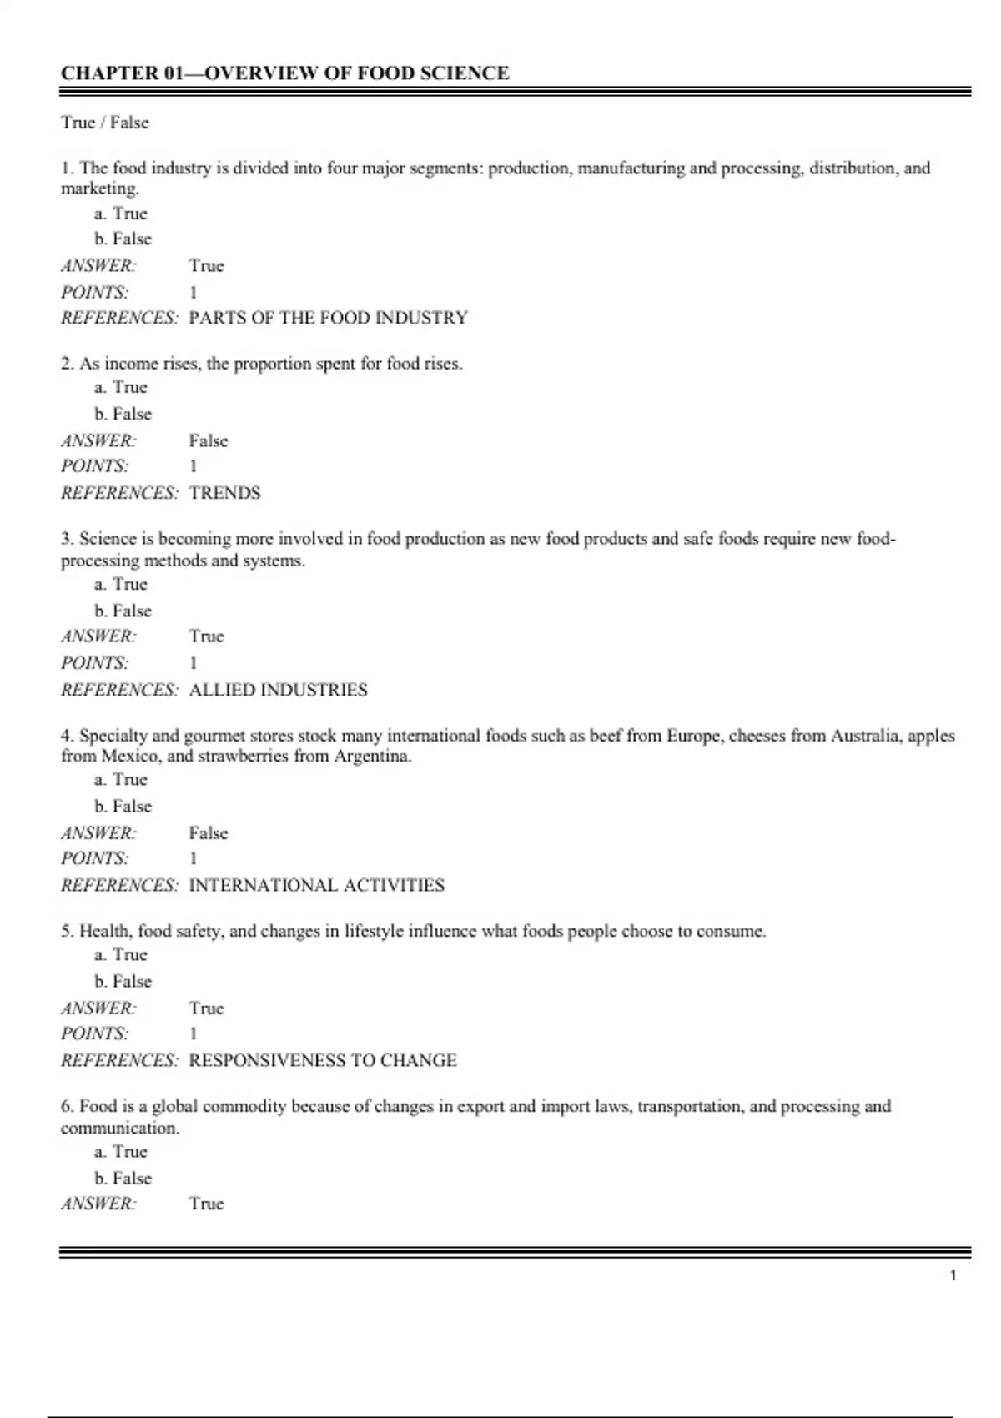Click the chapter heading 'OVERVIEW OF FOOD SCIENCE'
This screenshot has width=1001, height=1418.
click(356, 73)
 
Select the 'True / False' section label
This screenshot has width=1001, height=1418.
click(105, 123)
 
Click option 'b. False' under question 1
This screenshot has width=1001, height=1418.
click(123, 239)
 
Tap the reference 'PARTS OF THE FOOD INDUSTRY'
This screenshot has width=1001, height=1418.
click(328, 318)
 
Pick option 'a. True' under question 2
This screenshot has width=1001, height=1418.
click(121, 387)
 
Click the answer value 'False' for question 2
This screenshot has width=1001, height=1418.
click(208, 440)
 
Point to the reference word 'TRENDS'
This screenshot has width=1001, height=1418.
click(224, 493)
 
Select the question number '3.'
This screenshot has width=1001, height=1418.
click(67, 539)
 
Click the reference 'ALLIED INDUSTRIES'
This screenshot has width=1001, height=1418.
click(278, 690)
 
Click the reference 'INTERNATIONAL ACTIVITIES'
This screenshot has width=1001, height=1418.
click(316, 885)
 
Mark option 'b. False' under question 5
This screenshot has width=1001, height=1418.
click(123, 981)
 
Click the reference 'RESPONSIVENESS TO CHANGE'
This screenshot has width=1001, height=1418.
click(323, 1060)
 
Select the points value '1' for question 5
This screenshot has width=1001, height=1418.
click(194, 1033)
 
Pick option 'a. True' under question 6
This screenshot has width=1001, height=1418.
click(121, 1151)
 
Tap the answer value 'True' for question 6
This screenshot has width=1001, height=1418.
click(206, 1204)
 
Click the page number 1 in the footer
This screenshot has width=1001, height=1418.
click(953, 1275)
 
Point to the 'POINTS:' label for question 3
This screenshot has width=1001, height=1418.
click(95, 663)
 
